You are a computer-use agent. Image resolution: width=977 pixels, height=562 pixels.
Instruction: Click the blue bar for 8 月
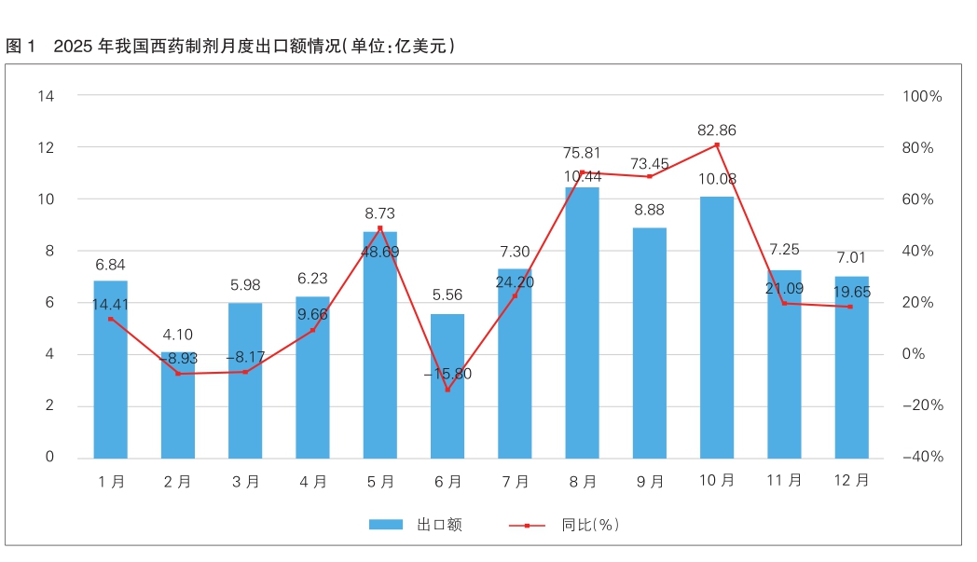pos(582,322)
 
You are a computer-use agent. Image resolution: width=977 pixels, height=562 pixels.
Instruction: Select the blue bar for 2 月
pos(178,404)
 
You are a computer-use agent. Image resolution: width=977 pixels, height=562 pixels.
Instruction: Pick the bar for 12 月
pos(851,367)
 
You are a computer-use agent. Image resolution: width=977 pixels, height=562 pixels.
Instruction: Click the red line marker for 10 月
pos(717,144)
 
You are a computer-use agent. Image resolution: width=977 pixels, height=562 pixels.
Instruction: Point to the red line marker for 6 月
pos(447,390)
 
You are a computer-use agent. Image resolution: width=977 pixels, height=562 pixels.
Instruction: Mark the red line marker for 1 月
pos(111,319)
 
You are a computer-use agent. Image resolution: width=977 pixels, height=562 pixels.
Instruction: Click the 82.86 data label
pos(717,130)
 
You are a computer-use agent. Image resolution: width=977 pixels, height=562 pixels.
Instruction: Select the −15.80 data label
pos(447,374)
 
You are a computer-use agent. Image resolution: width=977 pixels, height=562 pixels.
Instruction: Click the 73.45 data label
pos(649,164)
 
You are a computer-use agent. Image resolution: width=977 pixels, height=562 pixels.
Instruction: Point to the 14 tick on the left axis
pos(46,96)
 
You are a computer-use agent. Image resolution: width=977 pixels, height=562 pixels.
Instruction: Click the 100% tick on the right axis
pos(923,96)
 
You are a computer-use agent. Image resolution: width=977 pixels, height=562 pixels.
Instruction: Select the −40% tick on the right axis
pos(921,457)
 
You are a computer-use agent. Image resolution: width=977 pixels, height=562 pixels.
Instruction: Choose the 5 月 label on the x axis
pos(380,482)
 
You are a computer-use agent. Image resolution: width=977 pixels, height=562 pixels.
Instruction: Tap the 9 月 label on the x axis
pos(650,482)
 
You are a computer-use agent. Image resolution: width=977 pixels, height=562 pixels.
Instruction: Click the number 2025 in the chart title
pos(73,46)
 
